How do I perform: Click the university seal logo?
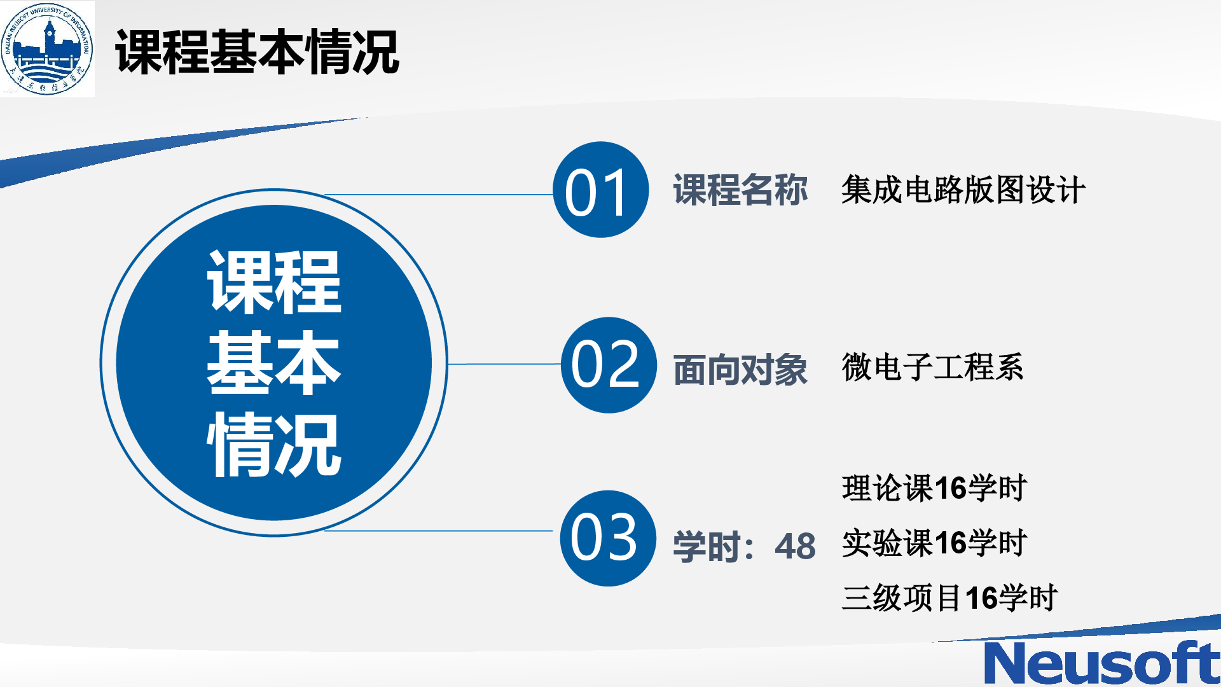point(48,49)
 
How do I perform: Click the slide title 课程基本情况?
point(257,52)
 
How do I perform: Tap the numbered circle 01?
point(600,190)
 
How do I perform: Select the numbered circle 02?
point(608,364)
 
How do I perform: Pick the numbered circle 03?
point(608,538)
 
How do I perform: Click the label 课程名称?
point(740,190)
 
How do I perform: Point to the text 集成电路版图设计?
point(963,190)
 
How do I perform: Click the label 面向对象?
point(740,370)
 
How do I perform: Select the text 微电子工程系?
point(933,367)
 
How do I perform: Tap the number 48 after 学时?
point(795,546)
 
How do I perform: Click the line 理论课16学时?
point(934,488)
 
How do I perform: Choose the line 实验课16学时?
point(934,543)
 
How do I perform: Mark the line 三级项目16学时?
point(949,598)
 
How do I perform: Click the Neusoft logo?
point(1101,662)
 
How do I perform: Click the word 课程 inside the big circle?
point(274,282)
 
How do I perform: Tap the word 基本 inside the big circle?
point(274,363)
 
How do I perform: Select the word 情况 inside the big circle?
point(274,444)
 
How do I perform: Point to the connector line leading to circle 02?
point(504,364)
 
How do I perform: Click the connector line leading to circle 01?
point(439,195)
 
